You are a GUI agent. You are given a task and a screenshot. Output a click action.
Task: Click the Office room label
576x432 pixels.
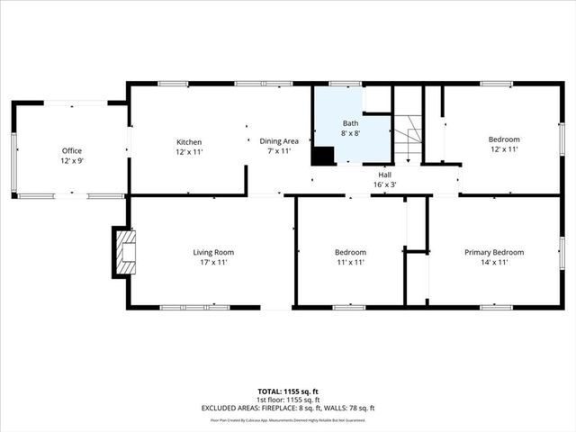point(72,150)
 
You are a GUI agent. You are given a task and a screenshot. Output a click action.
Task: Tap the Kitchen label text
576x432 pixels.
point(189,141)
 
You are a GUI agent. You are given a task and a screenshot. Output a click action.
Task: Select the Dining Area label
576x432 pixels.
point(279,141)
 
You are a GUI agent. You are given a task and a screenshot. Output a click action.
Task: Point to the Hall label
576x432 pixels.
point(384,175)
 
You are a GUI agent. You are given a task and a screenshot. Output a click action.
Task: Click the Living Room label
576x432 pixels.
point(213,252)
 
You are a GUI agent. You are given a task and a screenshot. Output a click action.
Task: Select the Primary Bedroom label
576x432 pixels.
point(494,252)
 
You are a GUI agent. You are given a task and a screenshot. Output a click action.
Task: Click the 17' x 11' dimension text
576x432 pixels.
point(213,263)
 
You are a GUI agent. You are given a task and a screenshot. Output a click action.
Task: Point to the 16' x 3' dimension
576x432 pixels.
point(384,184)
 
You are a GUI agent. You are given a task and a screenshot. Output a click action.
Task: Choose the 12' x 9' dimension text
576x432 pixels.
point(72,161)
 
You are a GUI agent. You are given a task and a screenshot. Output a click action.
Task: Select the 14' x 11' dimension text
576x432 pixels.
point(494,263)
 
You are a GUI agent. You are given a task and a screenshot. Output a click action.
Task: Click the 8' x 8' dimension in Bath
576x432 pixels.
point(351,132)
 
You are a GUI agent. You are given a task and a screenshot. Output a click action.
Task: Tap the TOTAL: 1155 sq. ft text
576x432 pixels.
point(288,391)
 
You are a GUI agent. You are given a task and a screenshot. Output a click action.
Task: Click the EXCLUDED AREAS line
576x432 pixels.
point(288,408)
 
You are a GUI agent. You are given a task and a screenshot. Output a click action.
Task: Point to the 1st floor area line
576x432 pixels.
point(288,400)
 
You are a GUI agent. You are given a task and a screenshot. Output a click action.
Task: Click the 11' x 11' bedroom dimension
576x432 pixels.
point(350,263)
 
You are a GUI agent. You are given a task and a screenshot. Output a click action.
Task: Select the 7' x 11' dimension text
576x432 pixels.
point(279,151)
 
